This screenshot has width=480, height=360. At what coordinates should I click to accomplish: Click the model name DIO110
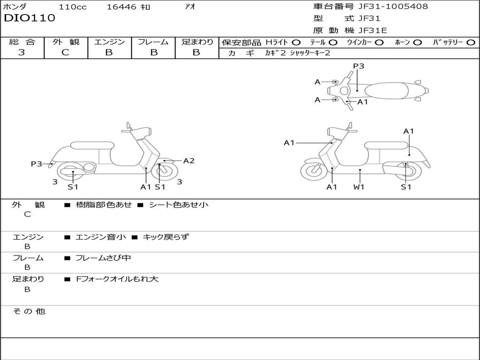coord(30,18)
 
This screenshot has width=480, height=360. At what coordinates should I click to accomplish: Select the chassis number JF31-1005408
coord(393,7)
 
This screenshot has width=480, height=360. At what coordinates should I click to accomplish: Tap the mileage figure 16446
coord(121,7)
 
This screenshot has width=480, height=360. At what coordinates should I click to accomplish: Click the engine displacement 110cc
coord(72,7)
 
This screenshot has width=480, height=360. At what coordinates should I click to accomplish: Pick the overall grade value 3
coord(22,52)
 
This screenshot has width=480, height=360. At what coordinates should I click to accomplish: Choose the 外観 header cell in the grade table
coord(66,42)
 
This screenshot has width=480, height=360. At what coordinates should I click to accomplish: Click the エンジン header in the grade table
coord(109,42)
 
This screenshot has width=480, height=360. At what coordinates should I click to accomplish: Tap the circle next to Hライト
coord(296,42)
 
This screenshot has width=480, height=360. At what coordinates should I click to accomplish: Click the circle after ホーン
coord(417,42)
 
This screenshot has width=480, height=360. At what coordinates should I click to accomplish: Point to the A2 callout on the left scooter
coord(189,161)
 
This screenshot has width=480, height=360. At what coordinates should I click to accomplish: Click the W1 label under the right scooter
coord(359,187)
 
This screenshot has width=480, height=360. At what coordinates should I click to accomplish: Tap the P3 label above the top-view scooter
coord(359,66)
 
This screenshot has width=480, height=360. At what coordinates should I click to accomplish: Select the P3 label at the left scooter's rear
coord(37,164)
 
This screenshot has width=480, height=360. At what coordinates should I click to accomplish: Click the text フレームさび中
coord(103,258)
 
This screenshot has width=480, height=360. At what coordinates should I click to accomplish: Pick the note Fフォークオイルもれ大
coord(117,279)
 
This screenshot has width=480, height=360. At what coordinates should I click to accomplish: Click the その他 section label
coord(29,311)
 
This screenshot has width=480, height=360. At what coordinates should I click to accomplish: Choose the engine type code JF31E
coord(373,30)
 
